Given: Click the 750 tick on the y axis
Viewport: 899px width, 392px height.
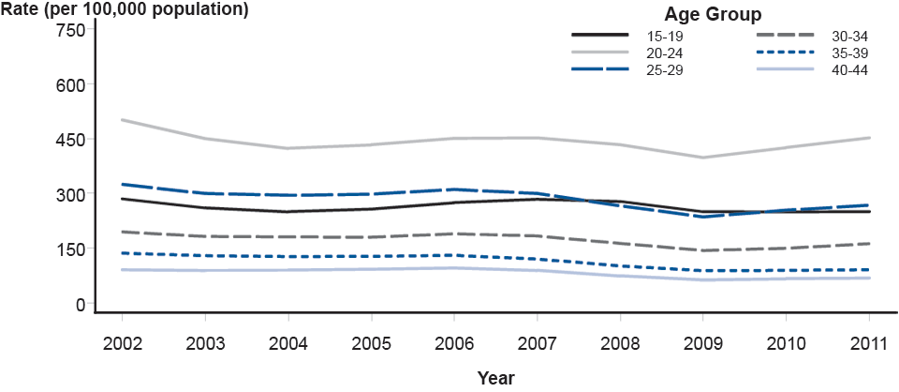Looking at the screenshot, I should [71, 30].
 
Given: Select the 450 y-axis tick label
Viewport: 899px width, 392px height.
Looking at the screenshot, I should [71, 140].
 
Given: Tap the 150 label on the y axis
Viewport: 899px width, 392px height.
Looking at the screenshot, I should [71, 249].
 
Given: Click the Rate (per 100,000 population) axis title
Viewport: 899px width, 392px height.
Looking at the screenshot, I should [125, 10].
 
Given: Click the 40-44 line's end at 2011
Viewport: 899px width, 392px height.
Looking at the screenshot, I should [871, 278].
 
